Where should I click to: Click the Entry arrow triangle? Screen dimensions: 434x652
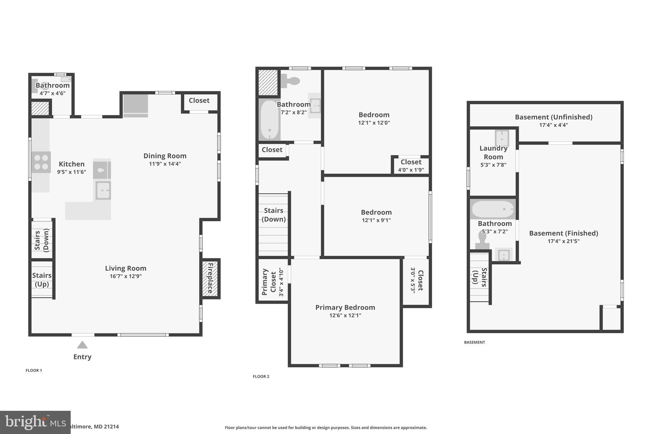coord(82,345)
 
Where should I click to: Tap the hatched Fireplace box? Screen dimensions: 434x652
coord(210,279)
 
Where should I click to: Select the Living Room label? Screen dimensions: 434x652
coord(126,268)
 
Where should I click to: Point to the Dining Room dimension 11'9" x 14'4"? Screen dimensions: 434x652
coord(165,164)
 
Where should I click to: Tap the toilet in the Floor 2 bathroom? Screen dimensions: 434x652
coord(291,80)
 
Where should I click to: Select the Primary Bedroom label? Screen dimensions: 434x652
coord(345,307)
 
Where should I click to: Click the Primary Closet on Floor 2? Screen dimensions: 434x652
coord(273,281)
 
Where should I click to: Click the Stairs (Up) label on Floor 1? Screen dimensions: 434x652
coord(42,279)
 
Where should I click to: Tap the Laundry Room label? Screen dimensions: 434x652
coord(493,153)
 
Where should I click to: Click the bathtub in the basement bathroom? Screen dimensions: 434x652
coord(493,209)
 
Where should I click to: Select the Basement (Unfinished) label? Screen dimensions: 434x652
coord(554,117)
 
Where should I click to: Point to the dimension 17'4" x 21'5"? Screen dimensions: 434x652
coord(563,241)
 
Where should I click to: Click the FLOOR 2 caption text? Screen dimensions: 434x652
coord(261,376)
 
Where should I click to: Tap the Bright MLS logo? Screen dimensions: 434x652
coord(35,422)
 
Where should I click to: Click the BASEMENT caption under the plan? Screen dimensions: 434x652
coord(474,342)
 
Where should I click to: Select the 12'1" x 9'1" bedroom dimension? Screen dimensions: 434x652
coord(376,220)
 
